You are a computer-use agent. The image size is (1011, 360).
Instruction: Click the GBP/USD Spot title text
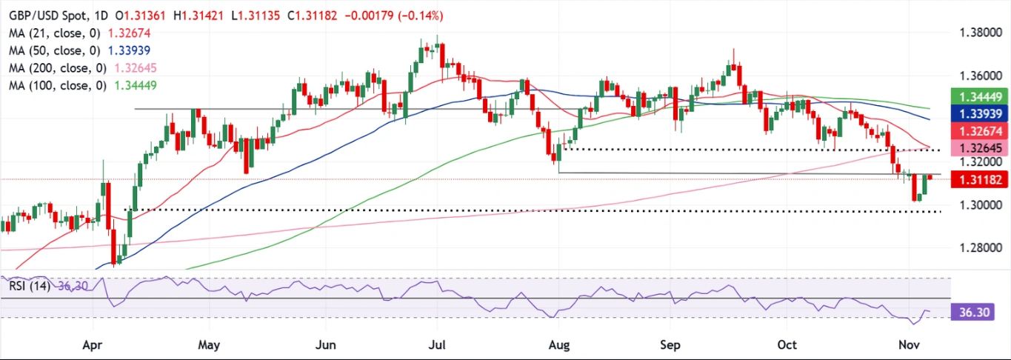[45, 16]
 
